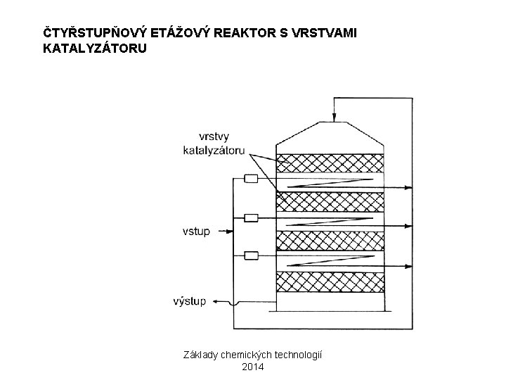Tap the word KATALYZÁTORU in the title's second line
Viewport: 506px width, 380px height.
pyautogui.click(x=95, y=49)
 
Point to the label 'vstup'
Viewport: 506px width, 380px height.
pyautogui.click(x=196, y=230)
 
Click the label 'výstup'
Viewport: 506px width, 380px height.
pyautogui.click(x=190, y=301)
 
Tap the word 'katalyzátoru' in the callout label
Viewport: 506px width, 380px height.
pyautogui.click(x=213, y=150)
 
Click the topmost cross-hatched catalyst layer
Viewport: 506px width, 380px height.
pyautogui.click(x=331, y=163)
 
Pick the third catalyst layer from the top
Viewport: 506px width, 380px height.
pyautogui.click(x=331, y=241)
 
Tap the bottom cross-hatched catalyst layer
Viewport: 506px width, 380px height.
pyautogui.click(x=331, y=281)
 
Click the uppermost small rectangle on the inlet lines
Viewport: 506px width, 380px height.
pyautogui.click(x=250, y=179)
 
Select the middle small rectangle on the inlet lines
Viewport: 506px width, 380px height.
pyautogui.click(x=250, y=217)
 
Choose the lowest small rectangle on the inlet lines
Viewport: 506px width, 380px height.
pyautogui.click(x=250, y=255)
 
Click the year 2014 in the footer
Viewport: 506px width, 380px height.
pyautogui.click(x=253, y=366)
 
